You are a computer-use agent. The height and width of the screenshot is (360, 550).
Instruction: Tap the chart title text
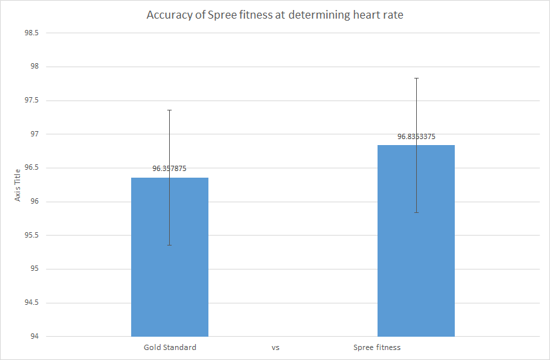click(274, 15)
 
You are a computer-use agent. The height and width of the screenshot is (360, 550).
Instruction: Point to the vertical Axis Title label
click(19, 185)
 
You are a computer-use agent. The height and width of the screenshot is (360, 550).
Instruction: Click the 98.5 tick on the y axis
click(31, 33)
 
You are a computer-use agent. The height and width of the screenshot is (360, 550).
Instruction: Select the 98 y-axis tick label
click(34, 67)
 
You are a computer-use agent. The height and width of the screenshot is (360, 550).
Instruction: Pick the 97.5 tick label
click(31, 100)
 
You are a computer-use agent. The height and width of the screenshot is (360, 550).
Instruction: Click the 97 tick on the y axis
click(34, 134)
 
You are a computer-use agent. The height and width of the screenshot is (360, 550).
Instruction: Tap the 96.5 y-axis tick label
click(31, 168)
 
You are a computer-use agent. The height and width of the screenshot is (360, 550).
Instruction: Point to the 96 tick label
click(34, 202)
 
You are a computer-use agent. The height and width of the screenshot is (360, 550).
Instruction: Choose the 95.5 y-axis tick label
click(31, 235)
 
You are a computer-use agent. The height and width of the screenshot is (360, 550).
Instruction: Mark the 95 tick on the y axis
click(34, 269)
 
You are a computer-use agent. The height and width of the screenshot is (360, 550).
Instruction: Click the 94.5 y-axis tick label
click(31, 303)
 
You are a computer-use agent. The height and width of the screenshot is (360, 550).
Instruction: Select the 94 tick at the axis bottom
click(34, 336)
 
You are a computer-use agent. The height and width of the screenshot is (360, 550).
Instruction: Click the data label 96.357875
click(169, 169)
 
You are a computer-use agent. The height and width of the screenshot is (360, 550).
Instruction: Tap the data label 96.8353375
click(416, 137)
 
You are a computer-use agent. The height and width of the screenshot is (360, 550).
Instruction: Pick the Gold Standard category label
click(170, 347)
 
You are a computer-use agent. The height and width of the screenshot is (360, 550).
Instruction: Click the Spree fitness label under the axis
click(377, 347)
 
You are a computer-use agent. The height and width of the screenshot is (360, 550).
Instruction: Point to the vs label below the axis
click(275, 347)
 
